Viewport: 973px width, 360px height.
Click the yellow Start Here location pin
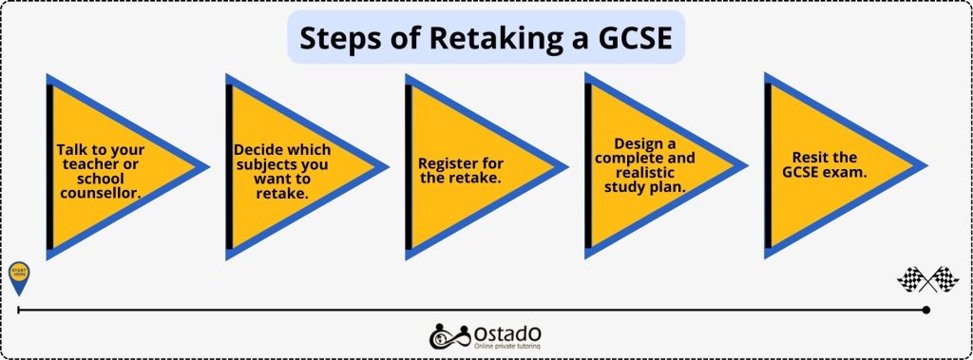point(19,276)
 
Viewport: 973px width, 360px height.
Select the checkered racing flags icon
point(927,278)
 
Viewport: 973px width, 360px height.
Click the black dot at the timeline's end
point(926,310)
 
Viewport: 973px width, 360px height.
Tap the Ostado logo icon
point(446,335)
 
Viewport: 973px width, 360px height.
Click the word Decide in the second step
point(258,150)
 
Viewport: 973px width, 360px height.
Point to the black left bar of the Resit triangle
point(768,166)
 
